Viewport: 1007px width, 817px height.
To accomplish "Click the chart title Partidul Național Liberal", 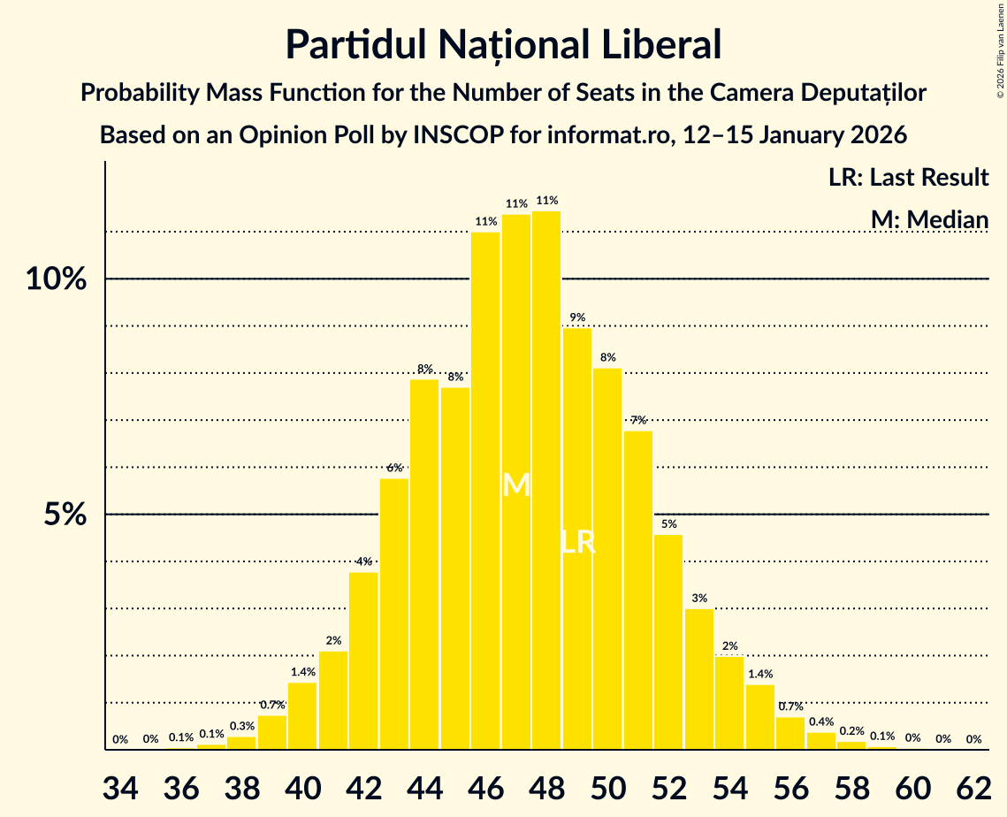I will pyautogui.click(x=503, y=45).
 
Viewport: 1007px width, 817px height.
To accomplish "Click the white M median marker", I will pyautogui.click(x=516, y=485).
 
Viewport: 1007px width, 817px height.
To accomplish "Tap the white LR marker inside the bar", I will pyautogui.click(x=577, y=542).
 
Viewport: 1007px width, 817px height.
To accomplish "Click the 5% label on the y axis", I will pyautogui.click(x=65, y=515).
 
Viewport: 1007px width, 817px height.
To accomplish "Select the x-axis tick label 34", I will pyautogui.click(x=120, y=787).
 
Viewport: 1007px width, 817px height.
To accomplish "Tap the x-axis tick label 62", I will pyautogui.click(x=973, y=787).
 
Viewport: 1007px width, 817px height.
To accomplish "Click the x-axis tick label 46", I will pyautogui.click(x=485, y=787).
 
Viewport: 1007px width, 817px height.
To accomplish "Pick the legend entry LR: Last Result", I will pyautogui.click(x=908, y=178).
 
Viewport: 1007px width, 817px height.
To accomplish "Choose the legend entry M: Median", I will pyautogui.click(x=928, y=218).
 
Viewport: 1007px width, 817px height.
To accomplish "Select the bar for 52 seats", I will pyautogui.click(x=668, y=642).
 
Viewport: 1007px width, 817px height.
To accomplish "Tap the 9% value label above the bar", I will pyautogui.click(x=577, y=317).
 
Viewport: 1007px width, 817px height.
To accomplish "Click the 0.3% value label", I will pyautogui.click(x=241, y=726).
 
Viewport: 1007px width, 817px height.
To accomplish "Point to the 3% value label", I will pyautogui.click(x=699, y=599).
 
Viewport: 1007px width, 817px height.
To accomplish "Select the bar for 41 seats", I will pyautogui.click(x=333, y=700).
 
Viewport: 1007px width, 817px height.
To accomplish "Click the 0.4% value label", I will pyautogui.click(x=821, y=722).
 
